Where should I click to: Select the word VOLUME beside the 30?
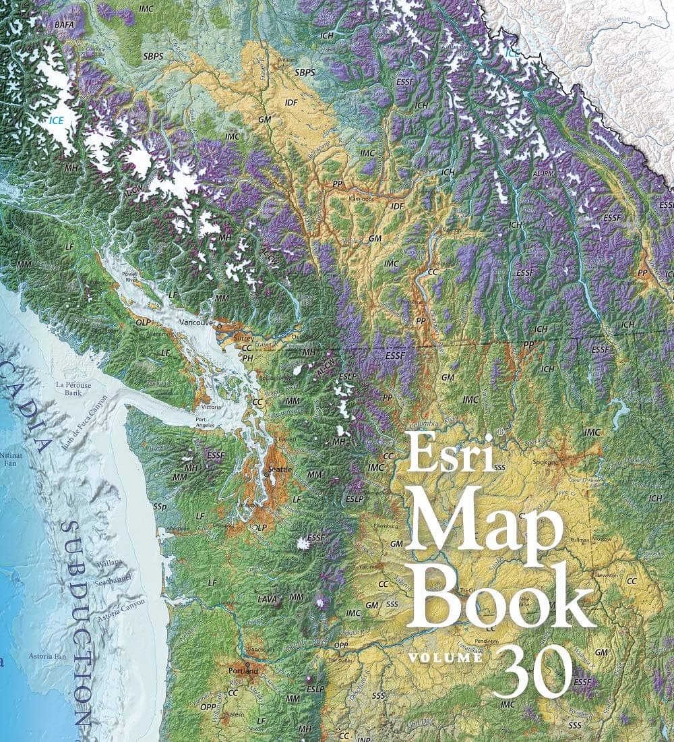445,657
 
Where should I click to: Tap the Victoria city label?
208,407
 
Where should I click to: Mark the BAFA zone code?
65,24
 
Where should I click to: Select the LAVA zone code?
267,599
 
